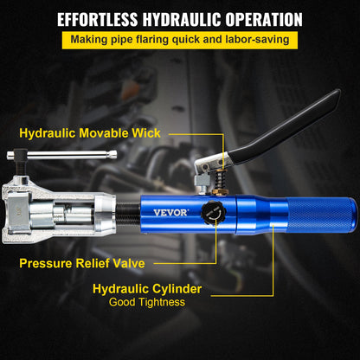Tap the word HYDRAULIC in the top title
click(190, 18)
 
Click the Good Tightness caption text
click(146, 302)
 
